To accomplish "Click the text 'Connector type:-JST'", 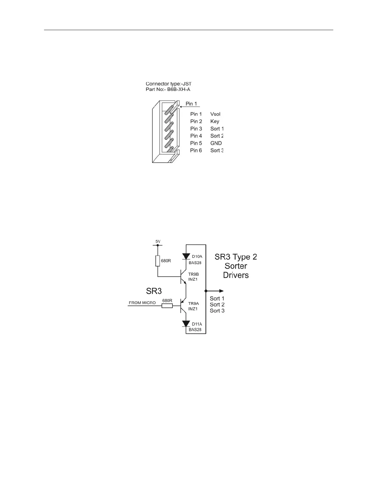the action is coord(168,84).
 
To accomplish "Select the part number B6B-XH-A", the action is coord(179,89).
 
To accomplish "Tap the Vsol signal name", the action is coord(215,114).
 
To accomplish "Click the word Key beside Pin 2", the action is coord(214,121).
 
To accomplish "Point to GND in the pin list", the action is coord(216,143).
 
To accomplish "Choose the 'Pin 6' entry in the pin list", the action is coord(196,151).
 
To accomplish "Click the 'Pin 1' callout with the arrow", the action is coord(191,104).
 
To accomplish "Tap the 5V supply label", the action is coord(158,241).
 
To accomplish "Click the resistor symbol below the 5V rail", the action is coord(158,261).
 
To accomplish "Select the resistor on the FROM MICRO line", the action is coord(167,306).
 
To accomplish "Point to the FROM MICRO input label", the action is coord(142,303).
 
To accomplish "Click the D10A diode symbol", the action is coord(186,256).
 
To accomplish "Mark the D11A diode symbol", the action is coord(186,324).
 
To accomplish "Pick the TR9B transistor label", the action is coord(193,274).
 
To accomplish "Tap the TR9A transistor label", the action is coord(193,304).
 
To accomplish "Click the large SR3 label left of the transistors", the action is coord(154,291).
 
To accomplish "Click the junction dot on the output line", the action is coord(206,291).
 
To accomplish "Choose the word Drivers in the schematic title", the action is coord(236,275).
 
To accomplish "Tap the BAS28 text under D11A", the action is coord(195,330).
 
